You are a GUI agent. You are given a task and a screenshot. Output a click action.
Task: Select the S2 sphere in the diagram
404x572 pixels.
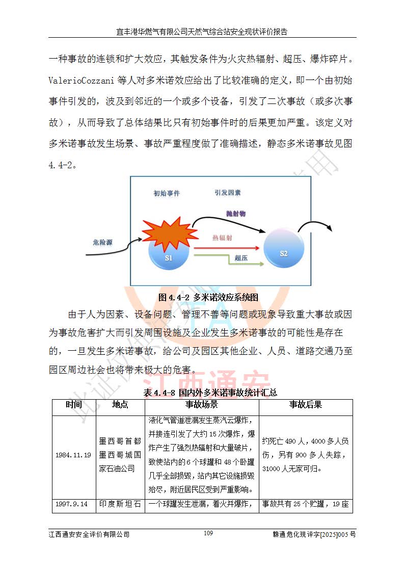[283, 249]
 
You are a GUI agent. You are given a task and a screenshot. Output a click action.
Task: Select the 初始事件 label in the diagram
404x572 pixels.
[167, 193]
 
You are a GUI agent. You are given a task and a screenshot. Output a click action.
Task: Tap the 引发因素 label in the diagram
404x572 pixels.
[227, 193]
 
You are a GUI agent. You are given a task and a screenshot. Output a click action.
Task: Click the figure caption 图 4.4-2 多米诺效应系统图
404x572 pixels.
[209, 297]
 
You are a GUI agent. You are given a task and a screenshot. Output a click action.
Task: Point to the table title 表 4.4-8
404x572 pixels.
[210, 392]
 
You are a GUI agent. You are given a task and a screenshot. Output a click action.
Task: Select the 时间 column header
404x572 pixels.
[73, 405]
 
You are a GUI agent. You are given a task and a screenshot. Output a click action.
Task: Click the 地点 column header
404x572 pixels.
[120, 405]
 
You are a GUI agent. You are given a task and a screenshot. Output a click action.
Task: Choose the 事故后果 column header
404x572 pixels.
[306, 405]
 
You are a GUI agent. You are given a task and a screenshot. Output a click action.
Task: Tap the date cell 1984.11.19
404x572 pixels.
[73, 455]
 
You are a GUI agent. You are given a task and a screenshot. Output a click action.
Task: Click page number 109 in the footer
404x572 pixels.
[208, 533]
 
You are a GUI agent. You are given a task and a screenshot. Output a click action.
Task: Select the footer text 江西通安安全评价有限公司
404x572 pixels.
[89, 534]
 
